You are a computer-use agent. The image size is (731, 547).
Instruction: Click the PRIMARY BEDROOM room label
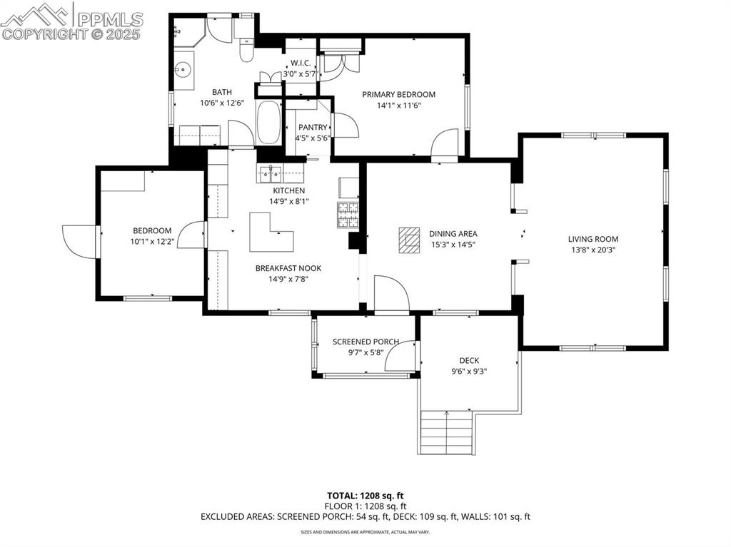(x=398, y=94)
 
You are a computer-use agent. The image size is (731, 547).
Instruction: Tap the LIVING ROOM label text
(x=593, y=239)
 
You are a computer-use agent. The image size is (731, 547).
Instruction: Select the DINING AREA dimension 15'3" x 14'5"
(x=453, y=245)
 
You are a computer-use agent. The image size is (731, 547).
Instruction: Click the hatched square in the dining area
(x=409, y=240)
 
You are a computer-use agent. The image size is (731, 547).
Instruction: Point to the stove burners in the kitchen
(x=348, y=213)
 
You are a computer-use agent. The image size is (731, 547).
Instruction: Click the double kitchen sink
(x=270, y=173)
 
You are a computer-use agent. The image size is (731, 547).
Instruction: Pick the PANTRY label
(x=313, y=127)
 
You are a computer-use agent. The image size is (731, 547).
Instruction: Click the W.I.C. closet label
(x=300, y=63)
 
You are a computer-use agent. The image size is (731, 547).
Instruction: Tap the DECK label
(x=469, y=360)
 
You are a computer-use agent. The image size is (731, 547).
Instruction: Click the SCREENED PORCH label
(x=365, y=342)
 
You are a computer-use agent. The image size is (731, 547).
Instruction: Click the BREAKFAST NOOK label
(x=288, y=268)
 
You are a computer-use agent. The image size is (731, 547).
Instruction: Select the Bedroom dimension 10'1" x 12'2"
(x=151, y=242)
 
